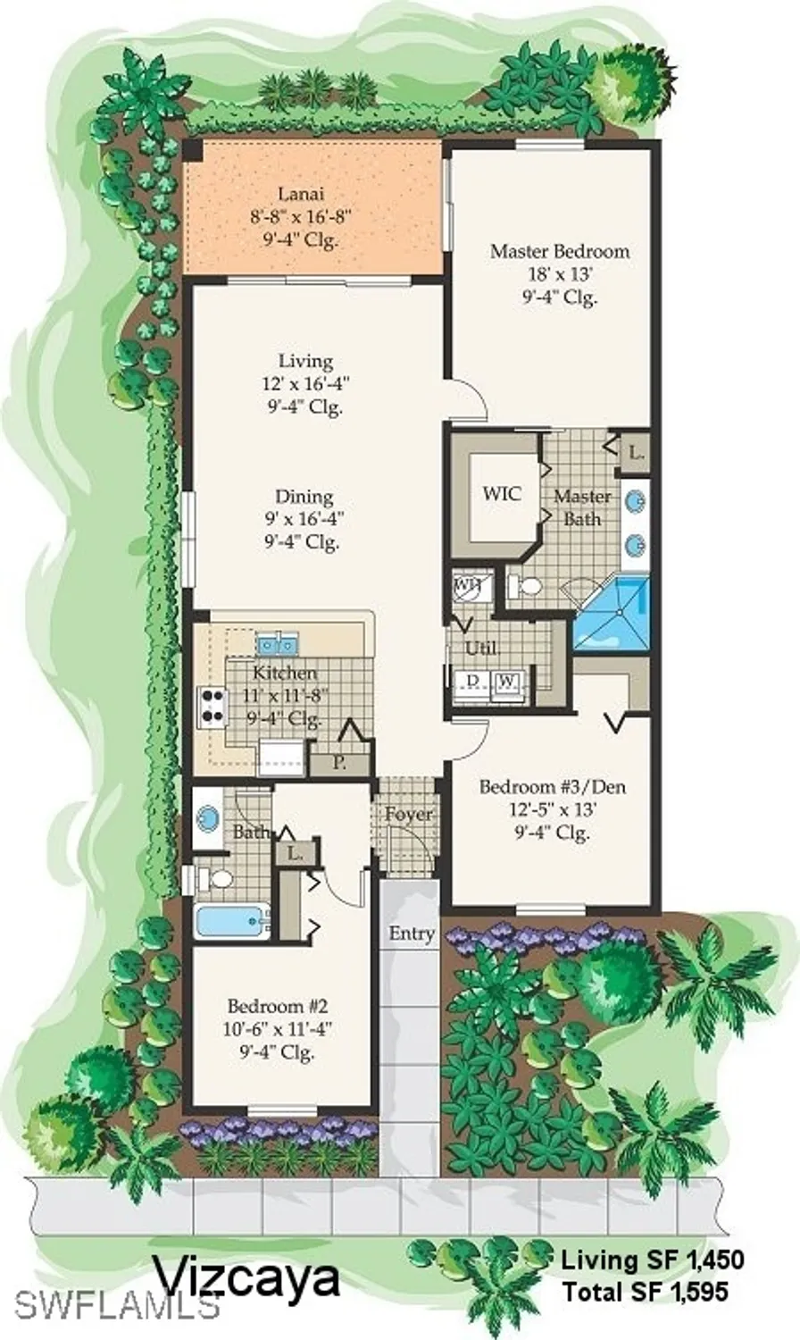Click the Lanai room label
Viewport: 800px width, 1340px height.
pos(300,193)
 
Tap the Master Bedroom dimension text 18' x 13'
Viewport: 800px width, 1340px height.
pos(559,274)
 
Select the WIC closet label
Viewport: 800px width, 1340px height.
pos(501,493)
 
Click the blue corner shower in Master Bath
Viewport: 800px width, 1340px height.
pos(615,615)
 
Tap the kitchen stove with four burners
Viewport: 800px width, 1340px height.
pos(212,705)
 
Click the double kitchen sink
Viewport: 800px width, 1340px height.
pos(278,642)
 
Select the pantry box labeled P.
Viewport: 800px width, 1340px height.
pos(339,764)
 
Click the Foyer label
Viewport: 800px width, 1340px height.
pos(409,814)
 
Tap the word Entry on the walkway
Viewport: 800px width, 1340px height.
pos(412,934)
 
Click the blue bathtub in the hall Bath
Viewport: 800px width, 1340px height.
pos(230,920)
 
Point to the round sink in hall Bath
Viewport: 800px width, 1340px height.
pos(208,817)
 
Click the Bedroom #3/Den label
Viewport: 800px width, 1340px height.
pos(552,787)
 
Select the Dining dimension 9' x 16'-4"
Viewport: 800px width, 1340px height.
pos(304,519)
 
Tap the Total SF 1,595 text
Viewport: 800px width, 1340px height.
pos(645,1291)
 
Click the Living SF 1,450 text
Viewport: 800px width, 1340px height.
pos(652,1260)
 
